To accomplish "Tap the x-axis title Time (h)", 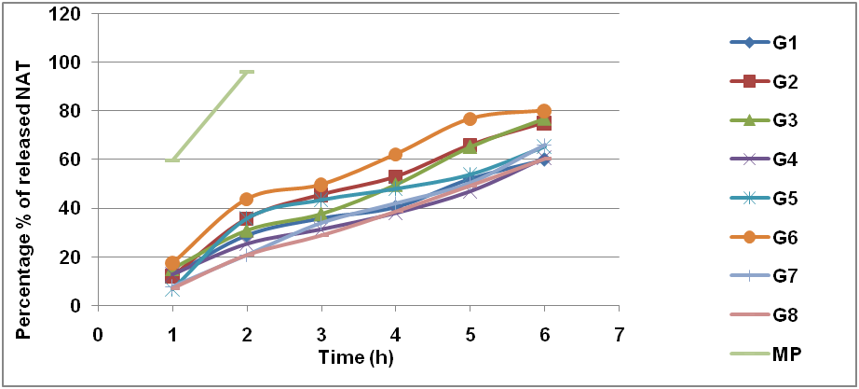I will [x=357, y=356].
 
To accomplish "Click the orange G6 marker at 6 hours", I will [x=544, y=112].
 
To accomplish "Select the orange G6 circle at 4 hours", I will [x=395, y=154].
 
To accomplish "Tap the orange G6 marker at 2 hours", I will [x=247, y=199].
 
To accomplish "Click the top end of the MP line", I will [x=247, y=71].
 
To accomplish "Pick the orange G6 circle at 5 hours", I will [x=470, y=119].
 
